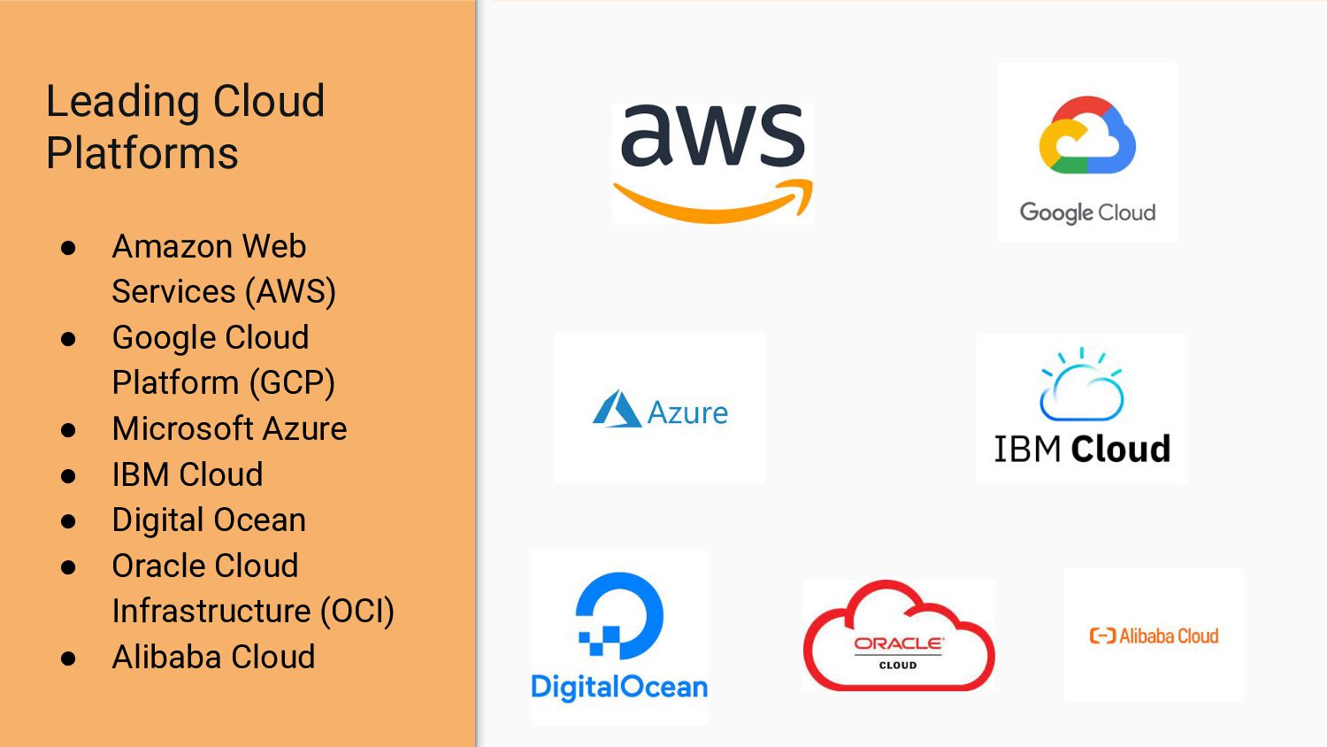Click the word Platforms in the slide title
(142, 153)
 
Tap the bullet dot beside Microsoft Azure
(69, 430)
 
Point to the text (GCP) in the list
(292, 382)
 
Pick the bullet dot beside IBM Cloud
(69, 476)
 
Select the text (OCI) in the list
(357, 611)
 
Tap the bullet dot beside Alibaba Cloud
(69, 658)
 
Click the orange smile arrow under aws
(713, 204)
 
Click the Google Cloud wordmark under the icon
(1087, 212)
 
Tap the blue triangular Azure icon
(617, 410)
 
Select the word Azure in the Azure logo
(687, 413)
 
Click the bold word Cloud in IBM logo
(1120, 449)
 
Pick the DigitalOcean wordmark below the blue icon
(619, 687)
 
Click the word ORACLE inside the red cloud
(898, 643)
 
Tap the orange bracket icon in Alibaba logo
(1102, 635)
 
